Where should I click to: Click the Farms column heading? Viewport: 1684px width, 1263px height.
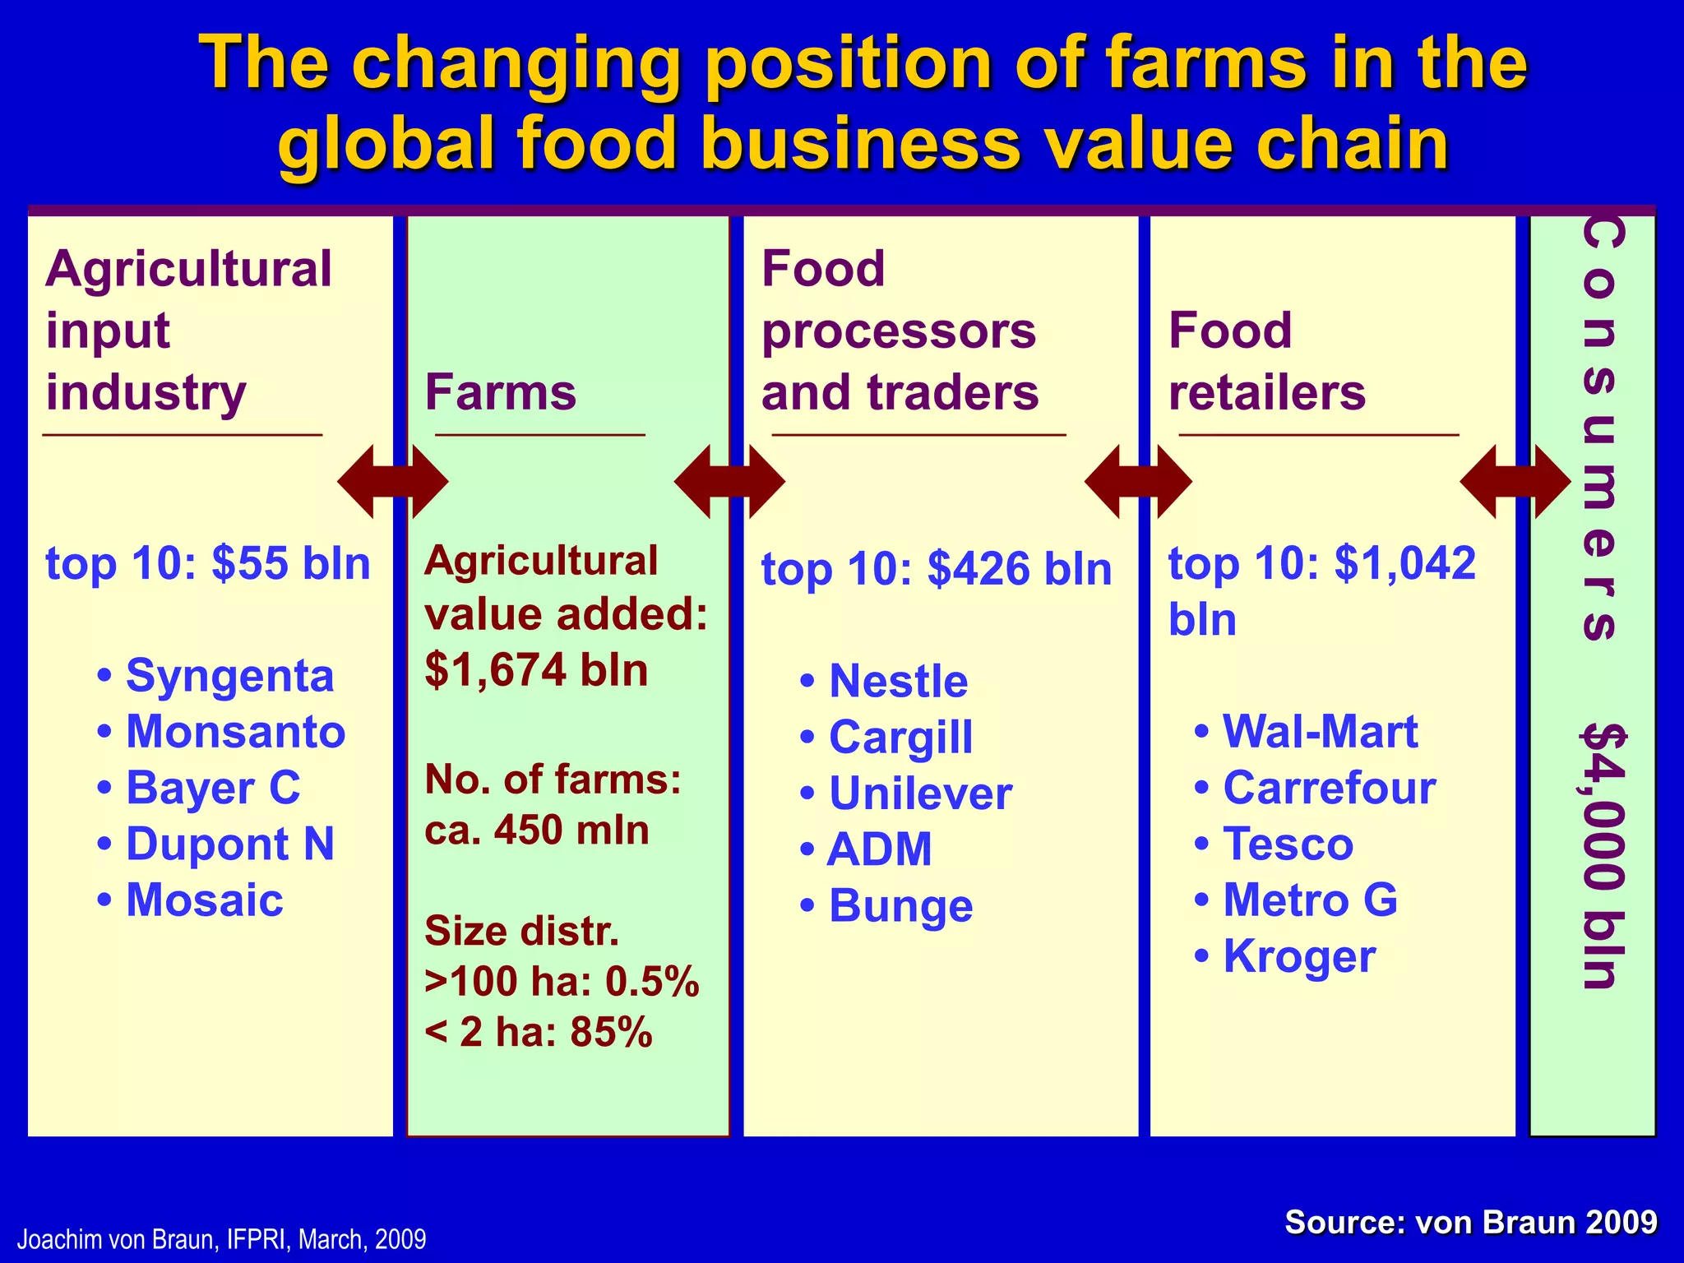(x=500, y=392)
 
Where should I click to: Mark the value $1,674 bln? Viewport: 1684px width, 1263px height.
(x=536, y=670)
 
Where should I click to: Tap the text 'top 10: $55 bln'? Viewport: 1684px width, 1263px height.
(x=208, y=564)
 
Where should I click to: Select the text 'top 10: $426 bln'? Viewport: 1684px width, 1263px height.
(x=937, y=569)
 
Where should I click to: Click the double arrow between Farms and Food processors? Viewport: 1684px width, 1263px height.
(x=729, y=482)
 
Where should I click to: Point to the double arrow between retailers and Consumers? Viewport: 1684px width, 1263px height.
(x=1515, y=482)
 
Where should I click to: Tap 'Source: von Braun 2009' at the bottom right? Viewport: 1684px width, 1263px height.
(x=1470, y=1223)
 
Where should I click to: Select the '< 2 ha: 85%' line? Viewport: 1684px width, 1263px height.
(x=539, y=1032)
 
